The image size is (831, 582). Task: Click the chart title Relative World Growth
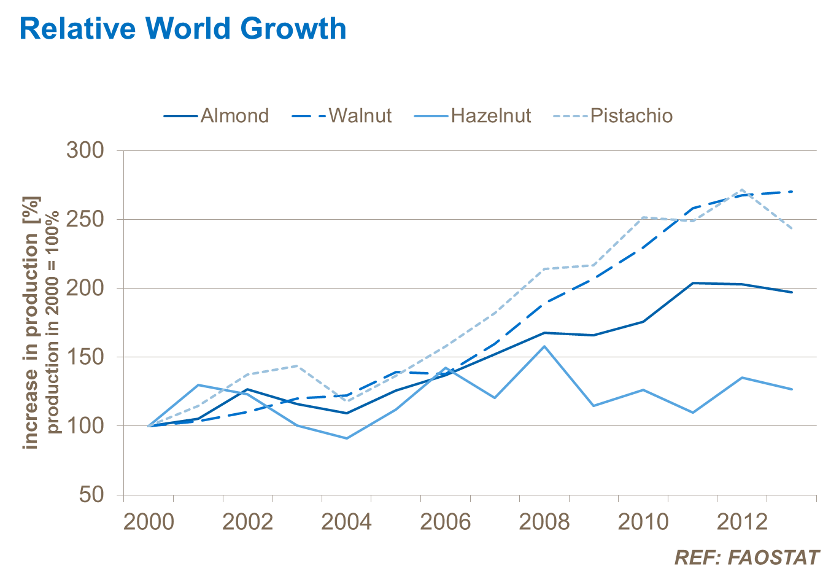[183, 29]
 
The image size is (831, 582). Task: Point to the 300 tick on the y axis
[85, 150]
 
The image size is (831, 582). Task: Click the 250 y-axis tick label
[85, 219]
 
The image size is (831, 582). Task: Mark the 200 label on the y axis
[85, 288]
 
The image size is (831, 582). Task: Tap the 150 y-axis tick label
[85, 357]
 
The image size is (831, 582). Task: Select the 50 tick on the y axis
[92, 494]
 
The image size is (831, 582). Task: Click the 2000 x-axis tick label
[149, 522]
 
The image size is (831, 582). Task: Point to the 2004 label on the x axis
[346, 522]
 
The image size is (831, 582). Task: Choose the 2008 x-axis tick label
[544, 522]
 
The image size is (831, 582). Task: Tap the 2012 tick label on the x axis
[742, 522]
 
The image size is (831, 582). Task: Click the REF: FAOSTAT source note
[747, 557]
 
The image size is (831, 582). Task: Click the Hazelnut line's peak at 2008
[544, 346]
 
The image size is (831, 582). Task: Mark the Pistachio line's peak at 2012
[742, 190]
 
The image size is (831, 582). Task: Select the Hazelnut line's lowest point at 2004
[347, 438]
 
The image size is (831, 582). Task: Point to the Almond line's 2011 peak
[693, 283]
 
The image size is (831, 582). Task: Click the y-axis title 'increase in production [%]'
[31, 322]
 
